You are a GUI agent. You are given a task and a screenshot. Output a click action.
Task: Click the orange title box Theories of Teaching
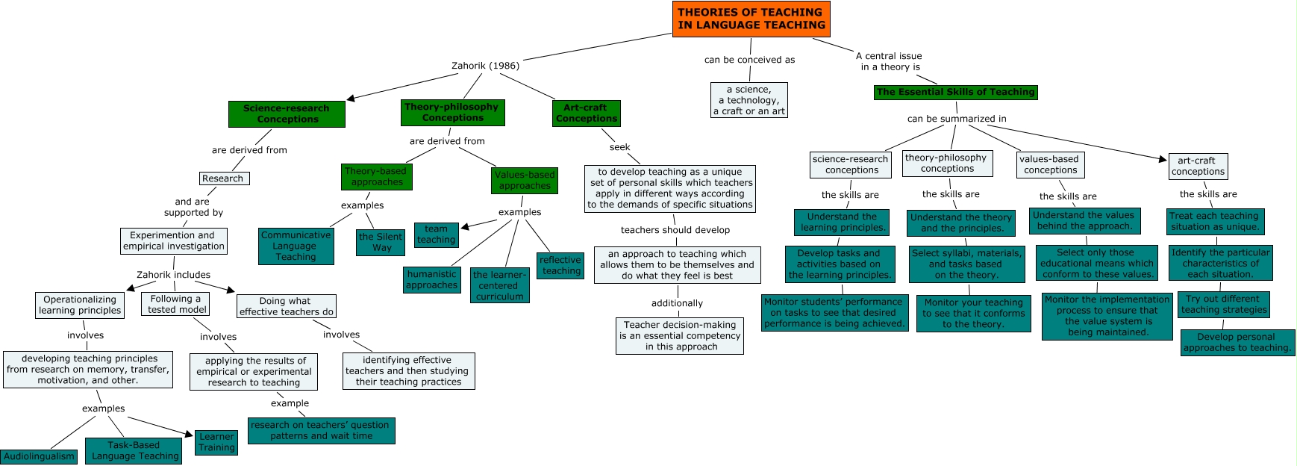[x=751, y=19]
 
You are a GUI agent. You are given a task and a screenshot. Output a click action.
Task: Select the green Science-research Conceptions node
[x=287, y=114]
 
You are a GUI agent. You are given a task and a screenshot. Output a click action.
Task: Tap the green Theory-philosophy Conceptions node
[x=452, y=112]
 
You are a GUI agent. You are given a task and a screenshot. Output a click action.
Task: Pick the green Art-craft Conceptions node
[x=587, y=113]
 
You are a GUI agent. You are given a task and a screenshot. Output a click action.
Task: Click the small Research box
[x=224, y=178]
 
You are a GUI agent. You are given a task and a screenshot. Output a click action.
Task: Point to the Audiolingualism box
[x=39, y=456]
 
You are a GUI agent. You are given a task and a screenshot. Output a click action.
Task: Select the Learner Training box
[x=216, y=442]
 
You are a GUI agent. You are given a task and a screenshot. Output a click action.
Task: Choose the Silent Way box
[x=381, y=242]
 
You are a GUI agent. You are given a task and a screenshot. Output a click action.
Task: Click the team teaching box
[x=436, y=234]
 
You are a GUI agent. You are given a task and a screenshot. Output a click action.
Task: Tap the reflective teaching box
[x=560, y=265]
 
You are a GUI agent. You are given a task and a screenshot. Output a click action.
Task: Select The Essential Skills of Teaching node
[x=955, y=92]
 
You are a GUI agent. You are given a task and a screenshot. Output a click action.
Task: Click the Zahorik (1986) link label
[x=485, y=66]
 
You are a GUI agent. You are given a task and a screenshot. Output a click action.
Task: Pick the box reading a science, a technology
[x=748, y=100]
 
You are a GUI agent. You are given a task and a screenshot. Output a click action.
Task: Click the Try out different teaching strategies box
[x=1224, y=304]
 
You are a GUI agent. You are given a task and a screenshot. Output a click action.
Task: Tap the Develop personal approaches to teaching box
[x=1237, y=342]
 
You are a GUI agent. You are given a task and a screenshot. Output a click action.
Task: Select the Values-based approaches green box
[x=525, y=180]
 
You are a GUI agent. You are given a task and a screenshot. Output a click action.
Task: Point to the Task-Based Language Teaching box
[x=134, y=450]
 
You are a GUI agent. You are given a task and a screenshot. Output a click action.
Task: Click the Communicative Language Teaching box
[x=296, y=246]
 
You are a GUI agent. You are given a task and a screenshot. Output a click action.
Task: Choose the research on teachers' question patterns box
[x=321, y=430]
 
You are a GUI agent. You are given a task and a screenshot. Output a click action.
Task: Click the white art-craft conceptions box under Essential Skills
[x=1198, y=166]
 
